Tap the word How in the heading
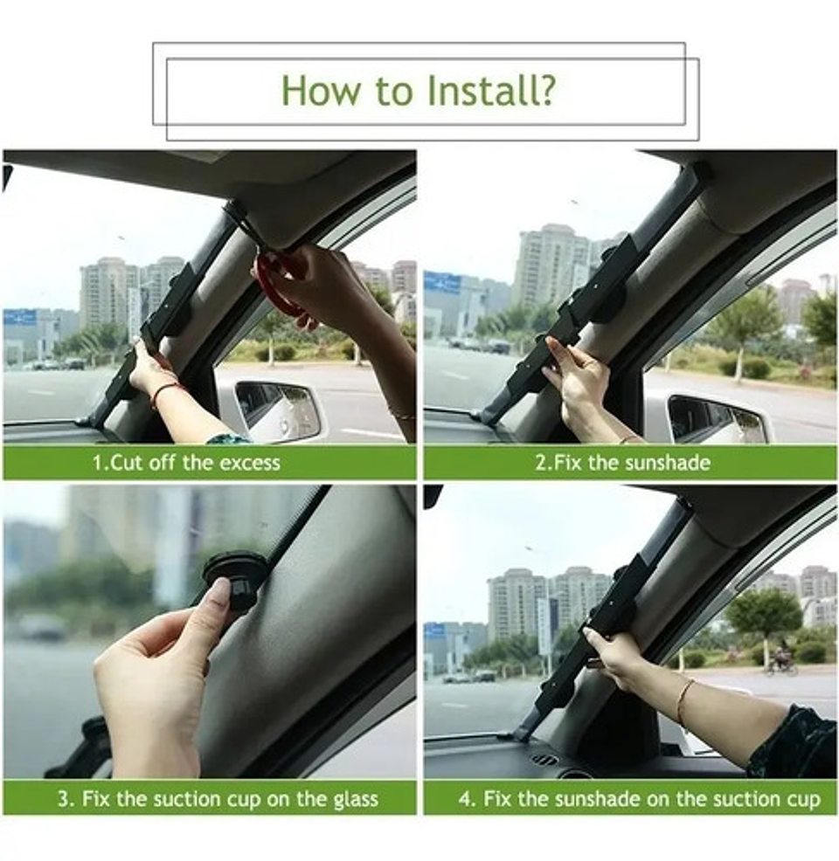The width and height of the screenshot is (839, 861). point(322,90)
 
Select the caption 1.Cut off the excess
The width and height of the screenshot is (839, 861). point(186,462)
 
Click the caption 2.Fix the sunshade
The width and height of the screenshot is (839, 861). point(622,462)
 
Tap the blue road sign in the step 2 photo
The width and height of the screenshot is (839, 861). point(442,282)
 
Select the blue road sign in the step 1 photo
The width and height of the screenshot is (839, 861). point(20,317)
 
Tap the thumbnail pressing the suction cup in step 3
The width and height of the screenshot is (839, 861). point(221,594)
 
